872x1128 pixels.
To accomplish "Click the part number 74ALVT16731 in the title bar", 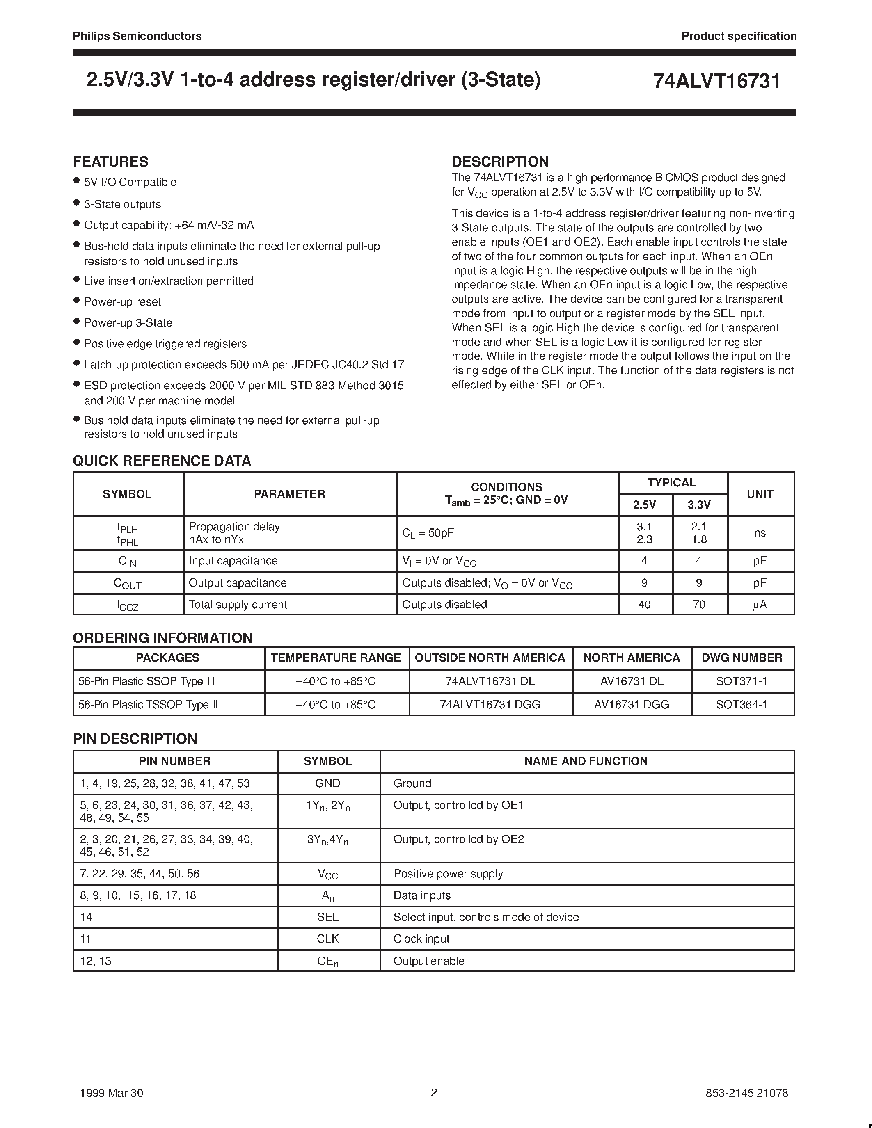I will [x=716, y=81].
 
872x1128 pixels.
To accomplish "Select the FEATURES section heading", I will [x=110, y=162].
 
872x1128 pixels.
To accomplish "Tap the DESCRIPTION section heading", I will [x=500, y=162].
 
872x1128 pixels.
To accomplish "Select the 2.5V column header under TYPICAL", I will [x=645, y=505].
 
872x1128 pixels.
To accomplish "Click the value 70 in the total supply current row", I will [x=699, y=604].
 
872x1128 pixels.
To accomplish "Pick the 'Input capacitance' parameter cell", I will [x=233, y=561].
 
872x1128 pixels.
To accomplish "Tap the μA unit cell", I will [x=760, y=604].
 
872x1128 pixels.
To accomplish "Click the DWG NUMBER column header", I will [x=742, y=658].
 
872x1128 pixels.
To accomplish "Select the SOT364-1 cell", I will [x=742, y=704].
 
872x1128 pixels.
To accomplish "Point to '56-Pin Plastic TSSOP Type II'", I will [x=148, y=704].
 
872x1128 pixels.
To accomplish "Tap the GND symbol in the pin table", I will [x=327, y=783].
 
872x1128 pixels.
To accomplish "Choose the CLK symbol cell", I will [x=327, y=938].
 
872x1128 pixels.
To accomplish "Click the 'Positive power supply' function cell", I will [x=448, y=873].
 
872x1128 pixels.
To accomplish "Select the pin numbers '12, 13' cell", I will [x=96, y=961].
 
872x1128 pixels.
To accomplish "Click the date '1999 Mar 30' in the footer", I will [x=112, y=1092].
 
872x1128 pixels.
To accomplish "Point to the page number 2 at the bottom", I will [x=434, y=1092].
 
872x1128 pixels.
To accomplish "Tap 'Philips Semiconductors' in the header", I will [x=137, y=36].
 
